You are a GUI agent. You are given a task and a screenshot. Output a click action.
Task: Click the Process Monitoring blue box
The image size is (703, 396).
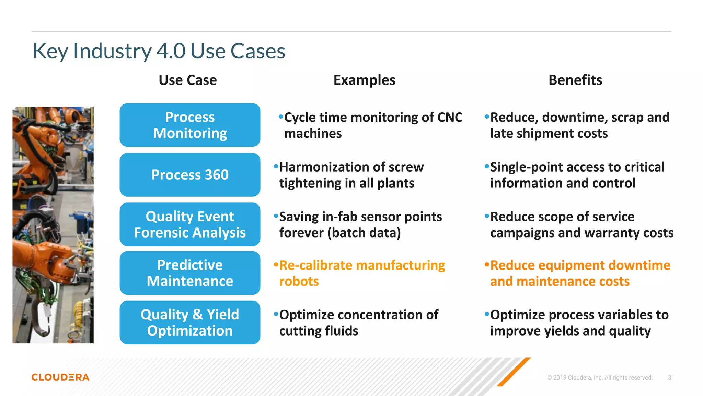coord(190,125)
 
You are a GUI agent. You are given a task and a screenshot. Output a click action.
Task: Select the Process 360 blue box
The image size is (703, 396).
coord(190,175)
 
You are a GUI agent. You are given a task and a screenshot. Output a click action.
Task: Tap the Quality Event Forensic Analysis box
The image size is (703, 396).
coord(190,224)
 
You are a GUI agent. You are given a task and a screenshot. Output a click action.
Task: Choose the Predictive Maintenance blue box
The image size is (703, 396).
coord(190,273)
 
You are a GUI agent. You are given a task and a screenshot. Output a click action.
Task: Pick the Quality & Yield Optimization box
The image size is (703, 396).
coord(190,322)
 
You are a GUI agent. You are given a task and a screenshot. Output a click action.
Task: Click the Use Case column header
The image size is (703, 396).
coord(188,80)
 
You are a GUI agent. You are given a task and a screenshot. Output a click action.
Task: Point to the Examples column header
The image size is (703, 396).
coord(364,80)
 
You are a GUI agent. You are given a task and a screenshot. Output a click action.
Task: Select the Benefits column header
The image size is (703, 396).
coord(575,80)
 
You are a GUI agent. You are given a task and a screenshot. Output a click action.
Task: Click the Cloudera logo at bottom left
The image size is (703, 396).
coord(60,377)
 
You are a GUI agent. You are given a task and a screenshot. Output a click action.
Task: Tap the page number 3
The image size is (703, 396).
coord(669,377)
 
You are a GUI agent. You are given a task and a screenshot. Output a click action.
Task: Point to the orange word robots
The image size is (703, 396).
coord(299,282)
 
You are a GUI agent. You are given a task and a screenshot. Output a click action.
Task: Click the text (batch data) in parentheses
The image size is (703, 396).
coord(364,233)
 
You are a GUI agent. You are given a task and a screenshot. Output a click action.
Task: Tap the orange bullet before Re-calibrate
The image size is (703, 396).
coord(276,265)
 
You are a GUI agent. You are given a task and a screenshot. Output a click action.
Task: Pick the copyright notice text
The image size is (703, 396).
coord(600,377)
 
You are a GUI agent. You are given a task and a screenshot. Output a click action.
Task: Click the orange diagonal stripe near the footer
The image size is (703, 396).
coord(514,372)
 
